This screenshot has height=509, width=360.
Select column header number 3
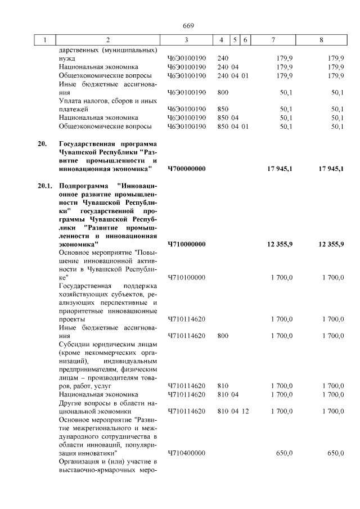(186, 40)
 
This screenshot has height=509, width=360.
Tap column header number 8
(321, 40)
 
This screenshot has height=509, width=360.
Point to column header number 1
(46, 40)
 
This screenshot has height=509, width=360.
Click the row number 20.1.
(45, 185)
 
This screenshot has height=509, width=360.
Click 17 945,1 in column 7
(280, 168)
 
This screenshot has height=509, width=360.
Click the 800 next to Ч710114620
(223, 336)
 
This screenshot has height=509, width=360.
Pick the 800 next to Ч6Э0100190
(223, 92)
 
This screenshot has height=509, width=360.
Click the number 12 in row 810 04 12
(245, 411)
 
